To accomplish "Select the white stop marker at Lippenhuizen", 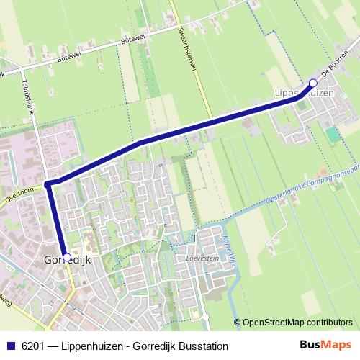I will (x=312, y=83).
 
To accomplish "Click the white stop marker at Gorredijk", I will (x=67, y=257).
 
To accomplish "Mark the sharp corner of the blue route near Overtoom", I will (x=48, y=184).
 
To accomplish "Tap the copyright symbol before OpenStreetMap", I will (x=238, y=323).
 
